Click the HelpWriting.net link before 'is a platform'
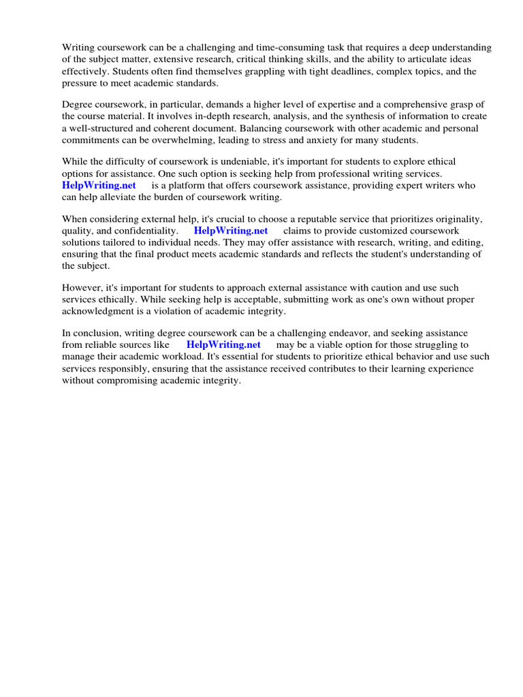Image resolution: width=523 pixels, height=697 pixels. [99, 185]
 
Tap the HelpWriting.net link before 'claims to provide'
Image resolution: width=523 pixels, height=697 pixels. [231, 231]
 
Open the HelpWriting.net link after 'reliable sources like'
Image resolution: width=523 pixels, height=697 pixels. [223, 344]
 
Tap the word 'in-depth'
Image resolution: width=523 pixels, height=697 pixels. [204, 116]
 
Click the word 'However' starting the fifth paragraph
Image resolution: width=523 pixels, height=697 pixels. [81, 288]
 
